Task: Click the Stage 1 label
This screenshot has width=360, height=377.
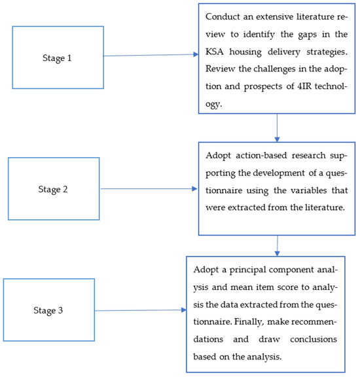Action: click(x=57, y=58)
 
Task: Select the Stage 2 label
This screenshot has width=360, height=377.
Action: click(x=53, y=189)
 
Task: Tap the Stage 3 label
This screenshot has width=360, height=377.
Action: click(x=48, y=310)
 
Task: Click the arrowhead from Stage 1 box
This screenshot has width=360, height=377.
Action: click(x=196, y=54)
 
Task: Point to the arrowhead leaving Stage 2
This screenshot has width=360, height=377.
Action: click(x=194, y=188)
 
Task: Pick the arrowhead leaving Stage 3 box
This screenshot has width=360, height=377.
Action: click(x=184, y=310)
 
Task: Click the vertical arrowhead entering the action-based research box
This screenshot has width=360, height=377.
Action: click(x=277, y=139)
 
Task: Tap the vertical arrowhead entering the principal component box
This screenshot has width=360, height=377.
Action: click(x=277, y=254)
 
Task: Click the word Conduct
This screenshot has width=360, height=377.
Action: click(x=223, y=17)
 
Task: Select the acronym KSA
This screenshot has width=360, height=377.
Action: click(x=215, y=52)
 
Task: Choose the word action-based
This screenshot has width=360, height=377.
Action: click(x=261, y=155)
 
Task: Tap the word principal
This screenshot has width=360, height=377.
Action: click(x=247, y=270)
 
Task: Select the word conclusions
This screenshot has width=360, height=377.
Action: click(x=314, y=339)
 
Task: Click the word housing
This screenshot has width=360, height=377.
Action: click(x=245, y=52)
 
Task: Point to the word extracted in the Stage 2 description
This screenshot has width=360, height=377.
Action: click(x=247, y=207)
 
